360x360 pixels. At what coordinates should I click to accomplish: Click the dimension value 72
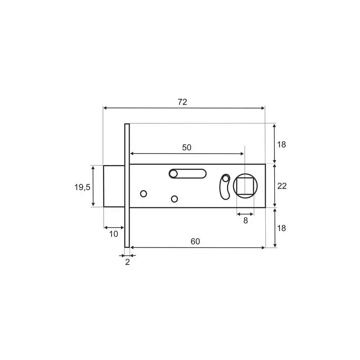point(183,102)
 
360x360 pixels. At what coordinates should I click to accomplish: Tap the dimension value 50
point(186,147)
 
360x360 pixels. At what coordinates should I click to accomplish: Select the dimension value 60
point(195,241)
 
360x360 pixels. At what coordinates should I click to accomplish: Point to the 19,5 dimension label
point(82,187)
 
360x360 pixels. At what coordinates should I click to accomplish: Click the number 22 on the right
point(282,186)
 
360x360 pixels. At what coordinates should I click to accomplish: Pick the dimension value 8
point(246,221)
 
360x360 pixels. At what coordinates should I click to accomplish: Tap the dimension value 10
point(113,234)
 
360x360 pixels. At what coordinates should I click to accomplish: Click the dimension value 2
point(127,262)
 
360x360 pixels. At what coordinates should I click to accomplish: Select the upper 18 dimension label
point(281,144)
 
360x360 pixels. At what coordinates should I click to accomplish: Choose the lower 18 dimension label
point(281,228)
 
